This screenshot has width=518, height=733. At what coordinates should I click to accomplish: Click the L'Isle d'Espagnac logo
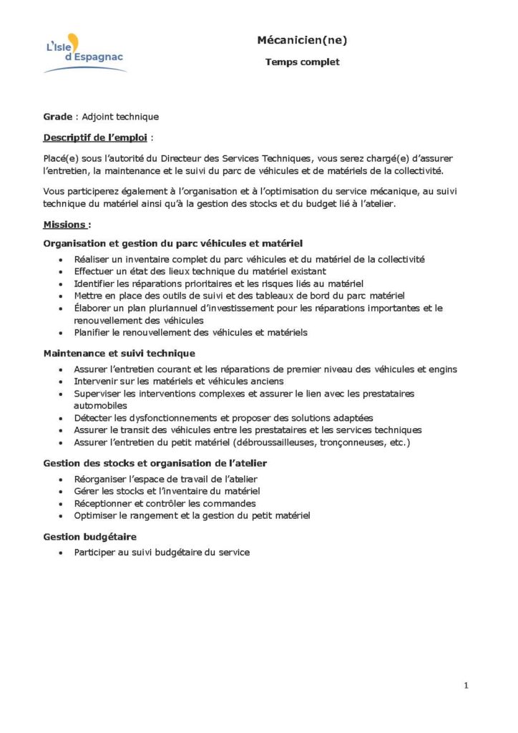(84, 54)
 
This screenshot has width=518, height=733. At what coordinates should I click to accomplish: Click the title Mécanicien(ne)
(302, 41)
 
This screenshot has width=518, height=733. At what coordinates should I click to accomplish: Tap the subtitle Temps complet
(302, 62)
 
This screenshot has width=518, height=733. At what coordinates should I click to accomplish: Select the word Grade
(57, 117)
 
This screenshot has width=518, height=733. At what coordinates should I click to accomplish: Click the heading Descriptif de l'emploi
(97, 137)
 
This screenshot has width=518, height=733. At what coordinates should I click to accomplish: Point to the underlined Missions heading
(65, 224)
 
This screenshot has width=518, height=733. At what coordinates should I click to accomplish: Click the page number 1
(466, 685)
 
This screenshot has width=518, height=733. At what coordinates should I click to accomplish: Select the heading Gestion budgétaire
(89, 536)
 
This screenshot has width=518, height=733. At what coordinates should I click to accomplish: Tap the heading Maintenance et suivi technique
(119, 353)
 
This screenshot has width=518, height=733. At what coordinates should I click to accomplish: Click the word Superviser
(97, 394)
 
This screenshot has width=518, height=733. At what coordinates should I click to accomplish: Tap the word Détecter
(94, 418)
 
